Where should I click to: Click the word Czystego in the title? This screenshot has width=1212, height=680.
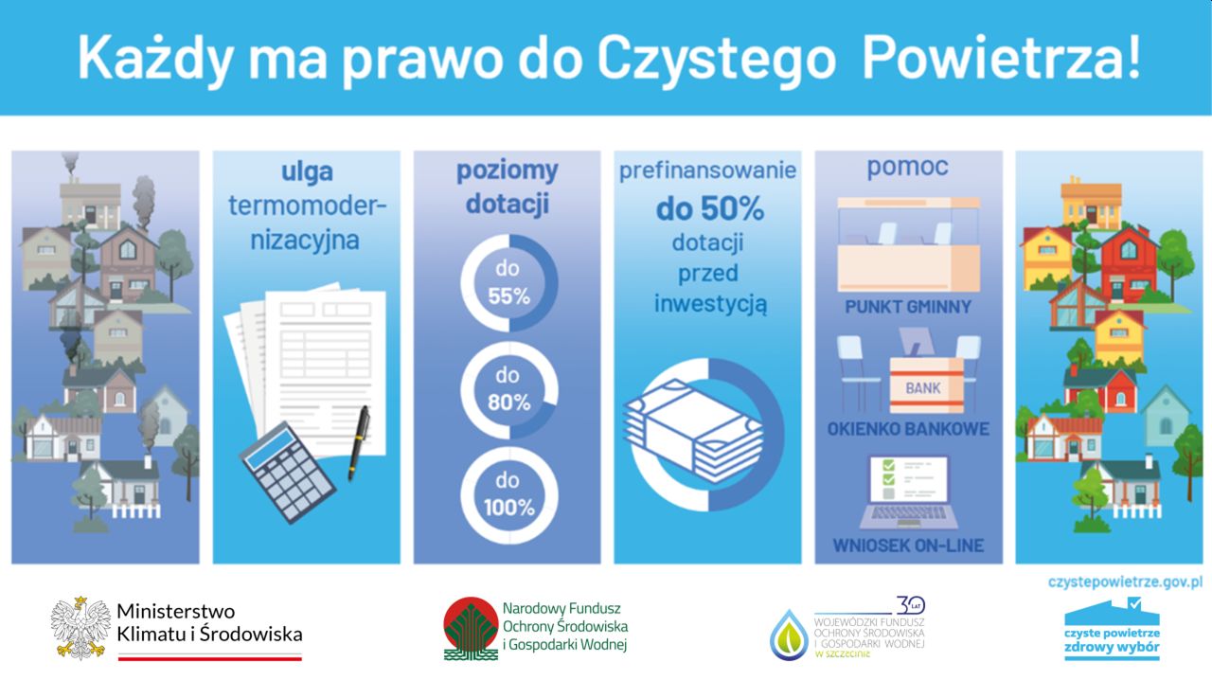[x=717, y=58]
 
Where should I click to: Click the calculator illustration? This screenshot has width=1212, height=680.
[x=287, y=472]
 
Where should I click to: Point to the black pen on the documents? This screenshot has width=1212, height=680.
[x=359, y=443]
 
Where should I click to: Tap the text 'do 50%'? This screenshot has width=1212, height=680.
[x=709, y=209]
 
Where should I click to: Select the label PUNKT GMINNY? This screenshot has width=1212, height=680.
[x=908, y=307]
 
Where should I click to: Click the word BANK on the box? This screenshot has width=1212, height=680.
[x=923, y=388]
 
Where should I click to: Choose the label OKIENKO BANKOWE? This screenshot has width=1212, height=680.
[x=908, y=429]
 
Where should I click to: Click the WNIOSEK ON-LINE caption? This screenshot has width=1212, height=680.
[x=908, y=546]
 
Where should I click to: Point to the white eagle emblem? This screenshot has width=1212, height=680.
[x=81, y=628]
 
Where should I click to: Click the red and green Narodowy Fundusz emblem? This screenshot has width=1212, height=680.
[x=471, y=629]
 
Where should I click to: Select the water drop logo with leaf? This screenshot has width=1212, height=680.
[x=789, y=635]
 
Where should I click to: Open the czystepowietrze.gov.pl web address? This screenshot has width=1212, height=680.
[x=1126, y=582]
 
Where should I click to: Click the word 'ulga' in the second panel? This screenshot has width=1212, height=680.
[x=307, y=172]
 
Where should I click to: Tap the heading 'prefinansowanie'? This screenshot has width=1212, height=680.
[x=707, y=170]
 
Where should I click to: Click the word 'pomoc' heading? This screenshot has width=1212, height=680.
[x=908, y=167]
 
